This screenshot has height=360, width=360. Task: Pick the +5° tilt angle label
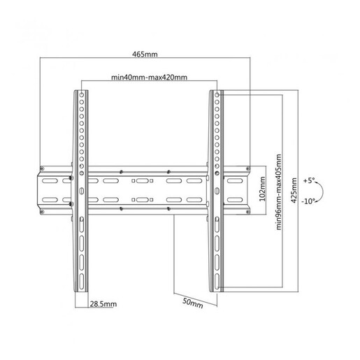pyautogui.click(x=310, y=180)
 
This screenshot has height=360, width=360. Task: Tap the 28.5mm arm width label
pyautogui.click(x=103, y=303)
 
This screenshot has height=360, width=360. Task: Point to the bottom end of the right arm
pyautogui.click(x=216, y=289)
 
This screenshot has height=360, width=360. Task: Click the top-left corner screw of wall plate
pyautogui.click(x=42, y=168)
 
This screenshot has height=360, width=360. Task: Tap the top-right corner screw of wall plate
pyautogui.click(x=246, y=168)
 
